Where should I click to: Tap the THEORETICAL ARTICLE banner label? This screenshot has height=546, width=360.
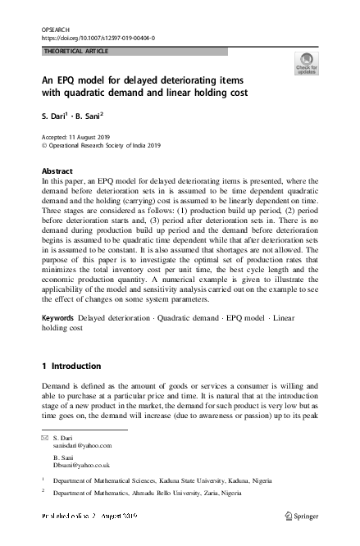pyautogui.click(x=75, y=51)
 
